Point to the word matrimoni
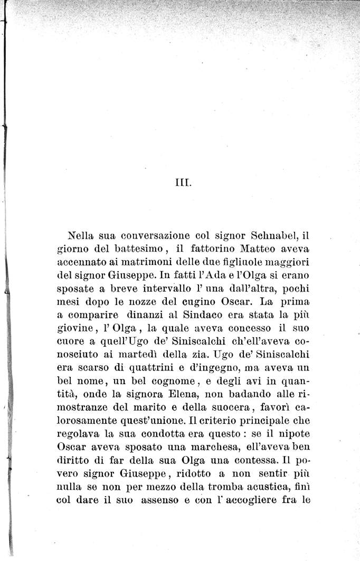click(x=142, y=262)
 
